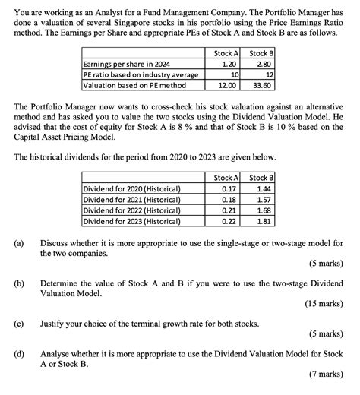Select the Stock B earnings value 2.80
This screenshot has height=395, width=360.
(x=262, y=64)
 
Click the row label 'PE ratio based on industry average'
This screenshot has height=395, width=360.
(x=140, y=75)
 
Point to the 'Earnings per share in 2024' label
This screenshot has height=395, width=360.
(x=127, y=64)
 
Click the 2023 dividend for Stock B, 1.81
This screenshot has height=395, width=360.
(x=263, y=221)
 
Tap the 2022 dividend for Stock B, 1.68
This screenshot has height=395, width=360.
(x=263, y=210)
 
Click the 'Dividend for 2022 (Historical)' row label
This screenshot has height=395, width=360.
(x=131, y=210)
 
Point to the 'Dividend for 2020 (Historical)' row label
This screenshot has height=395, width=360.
(x=131, y=188)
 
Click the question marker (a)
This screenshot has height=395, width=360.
(x=17, y=243)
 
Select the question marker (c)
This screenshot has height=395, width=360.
(x=17, y=322)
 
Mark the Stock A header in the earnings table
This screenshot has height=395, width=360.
(x=227, y=52)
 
